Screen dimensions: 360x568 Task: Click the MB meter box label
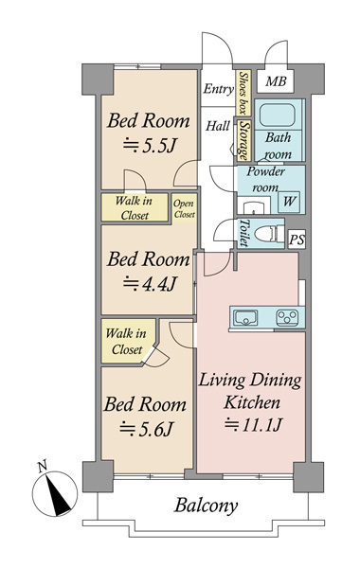tap(276, 81)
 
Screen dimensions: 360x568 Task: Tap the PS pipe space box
tap(297, 240)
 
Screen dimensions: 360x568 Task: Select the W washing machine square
tap(289, 202)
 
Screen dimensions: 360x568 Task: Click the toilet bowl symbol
tap(269, 234)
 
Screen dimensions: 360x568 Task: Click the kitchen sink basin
tap(245, 318)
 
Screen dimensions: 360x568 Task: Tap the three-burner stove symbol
tap(287, 318)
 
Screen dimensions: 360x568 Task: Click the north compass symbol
tap(55, 493)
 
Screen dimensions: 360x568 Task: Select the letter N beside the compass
tap(44, 466)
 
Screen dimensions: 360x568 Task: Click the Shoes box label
tap(243, 93)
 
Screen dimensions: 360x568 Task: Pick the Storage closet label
tap(244, 140)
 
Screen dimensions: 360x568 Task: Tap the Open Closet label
tap(184, 209)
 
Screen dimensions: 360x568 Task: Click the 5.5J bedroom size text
tap(150, 146)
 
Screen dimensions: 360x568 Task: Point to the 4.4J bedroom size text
tap(150, 284)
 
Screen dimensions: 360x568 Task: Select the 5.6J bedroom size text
tap(147, 429)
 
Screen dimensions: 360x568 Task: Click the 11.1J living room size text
tap(253, 424)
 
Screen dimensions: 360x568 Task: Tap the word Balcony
tap(206, 506)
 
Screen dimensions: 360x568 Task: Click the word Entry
tap(218, 89)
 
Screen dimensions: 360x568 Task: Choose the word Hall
tap(218, 126)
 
